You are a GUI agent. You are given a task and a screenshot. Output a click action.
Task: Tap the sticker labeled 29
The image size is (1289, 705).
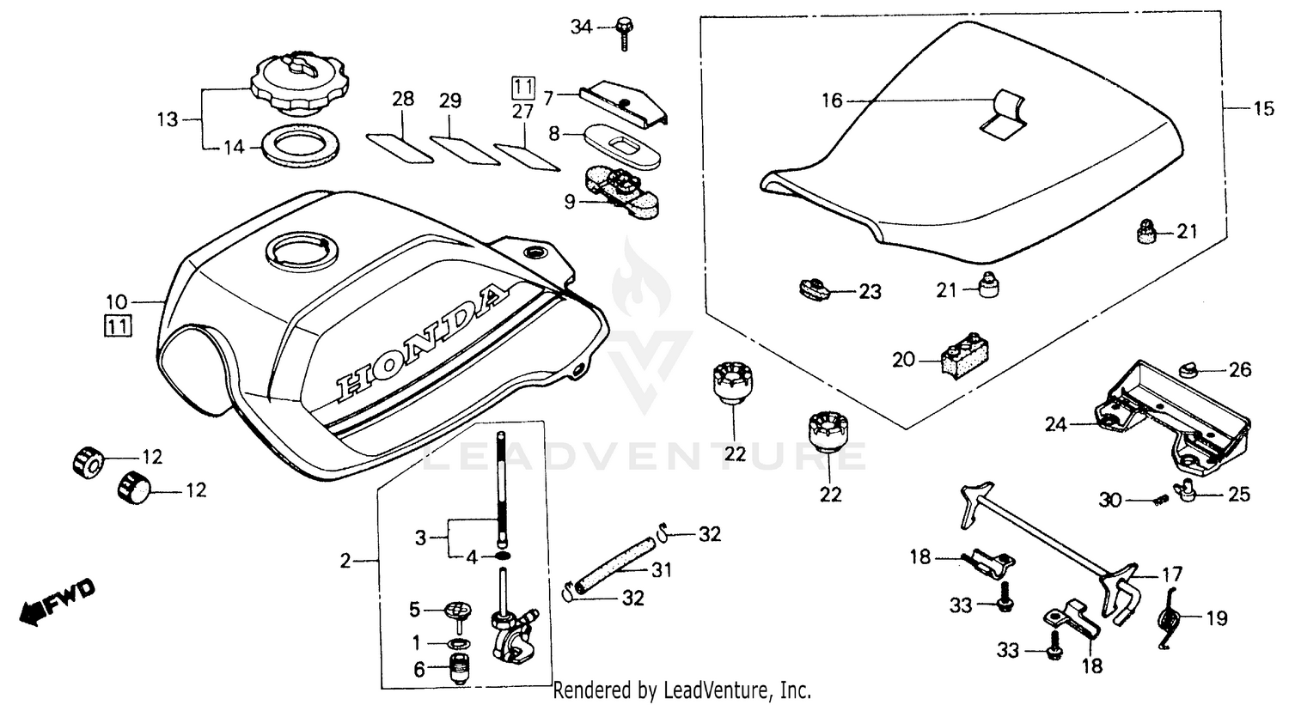(464, 147)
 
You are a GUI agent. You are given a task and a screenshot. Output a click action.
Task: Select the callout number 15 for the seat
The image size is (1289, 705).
(1264, 108)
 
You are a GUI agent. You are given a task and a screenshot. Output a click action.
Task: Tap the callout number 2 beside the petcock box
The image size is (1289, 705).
(345, 562)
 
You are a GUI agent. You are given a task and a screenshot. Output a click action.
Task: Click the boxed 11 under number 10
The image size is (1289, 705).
(118, 326)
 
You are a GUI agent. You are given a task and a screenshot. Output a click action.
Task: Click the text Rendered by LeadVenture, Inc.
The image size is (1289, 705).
(682, 690)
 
